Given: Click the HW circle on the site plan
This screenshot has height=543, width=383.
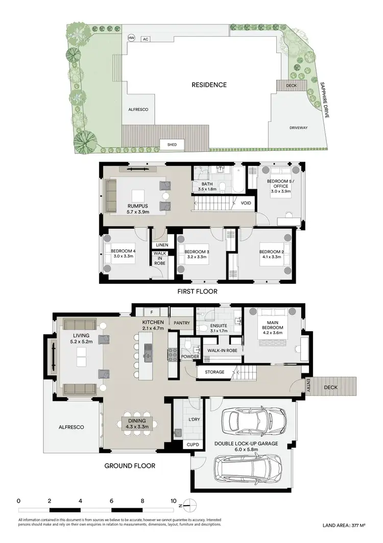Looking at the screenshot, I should [x=132, y=38].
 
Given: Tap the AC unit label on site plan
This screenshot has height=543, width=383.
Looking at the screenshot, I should [x=146, y=39].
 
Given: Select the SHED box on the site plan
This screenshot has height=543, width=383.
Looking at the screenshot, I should [x=172, y=145].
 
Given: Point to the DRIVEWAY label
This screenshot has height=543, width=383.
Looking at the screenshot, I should [x=298, y=128].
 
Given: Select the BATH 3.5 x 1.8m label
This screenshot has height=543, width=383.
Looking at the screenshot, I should [x=207, y=187].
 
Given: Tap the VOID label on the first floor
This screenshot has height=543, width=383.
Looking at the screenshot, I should [x=245, y=203].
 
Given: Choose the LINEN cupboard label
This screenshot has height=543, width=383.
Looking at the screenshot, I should [x=162, y=245].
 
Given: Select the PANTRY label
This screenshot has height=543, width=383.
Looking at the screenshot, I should [x=181, y=323].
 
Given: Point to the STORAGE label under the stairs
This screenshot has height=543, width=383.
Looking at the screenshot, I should [x=214, y=372].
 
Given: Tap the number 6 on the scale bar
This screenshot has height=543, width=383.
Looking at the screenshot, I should [x=112, y=501].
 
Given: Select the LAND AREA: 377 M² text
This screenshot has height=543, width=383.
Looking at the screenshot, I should [x=345, y=525].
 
